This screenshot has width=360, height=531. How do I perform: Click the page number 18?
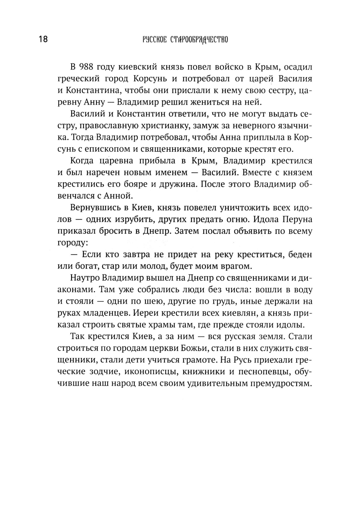tap(43, 39)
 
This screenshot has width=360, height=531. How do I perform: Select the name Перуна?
tap(296, 219)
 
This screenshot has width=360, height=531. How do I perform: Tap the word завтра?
tap(131, 255)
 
